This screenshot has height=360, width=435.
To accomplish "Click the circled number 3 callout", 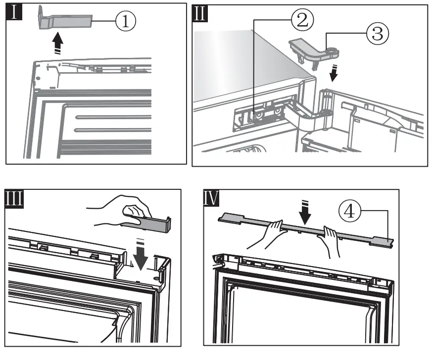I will pyautogui.click(x=378, y=34).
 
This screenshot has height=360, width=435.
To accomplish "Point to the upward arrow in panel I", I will pyautogui.click(x=58, y=46).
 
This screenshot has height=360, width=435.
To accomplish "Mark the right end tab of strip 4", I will pyautogui.click(x=384, y=242).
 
